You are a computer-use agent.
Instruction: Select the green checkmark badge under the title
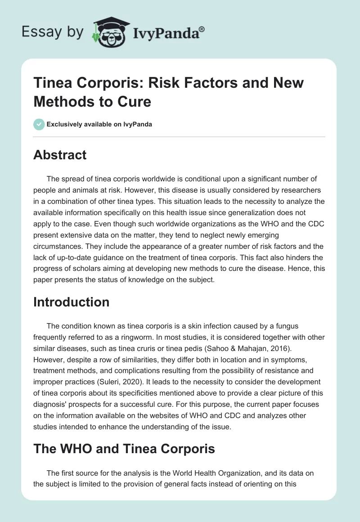[39, 124]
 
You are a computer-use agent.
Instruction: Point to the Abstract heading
[60, 155]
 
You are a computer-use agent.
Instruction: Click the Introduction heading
[71, 302]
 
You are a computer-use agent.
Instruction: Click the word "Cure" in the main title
[134, 102]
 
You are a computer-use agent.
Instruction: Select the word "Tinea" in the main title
[52, 83]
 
